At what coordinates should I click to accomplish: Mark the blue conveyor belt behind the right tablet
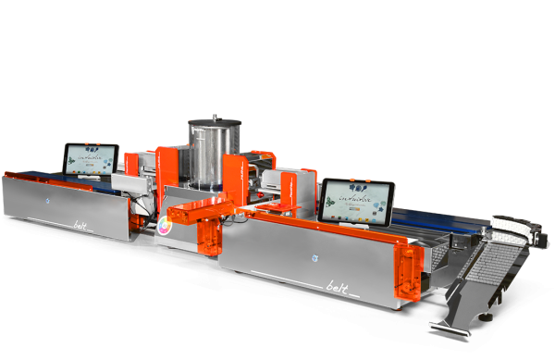tap(435, 219)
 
